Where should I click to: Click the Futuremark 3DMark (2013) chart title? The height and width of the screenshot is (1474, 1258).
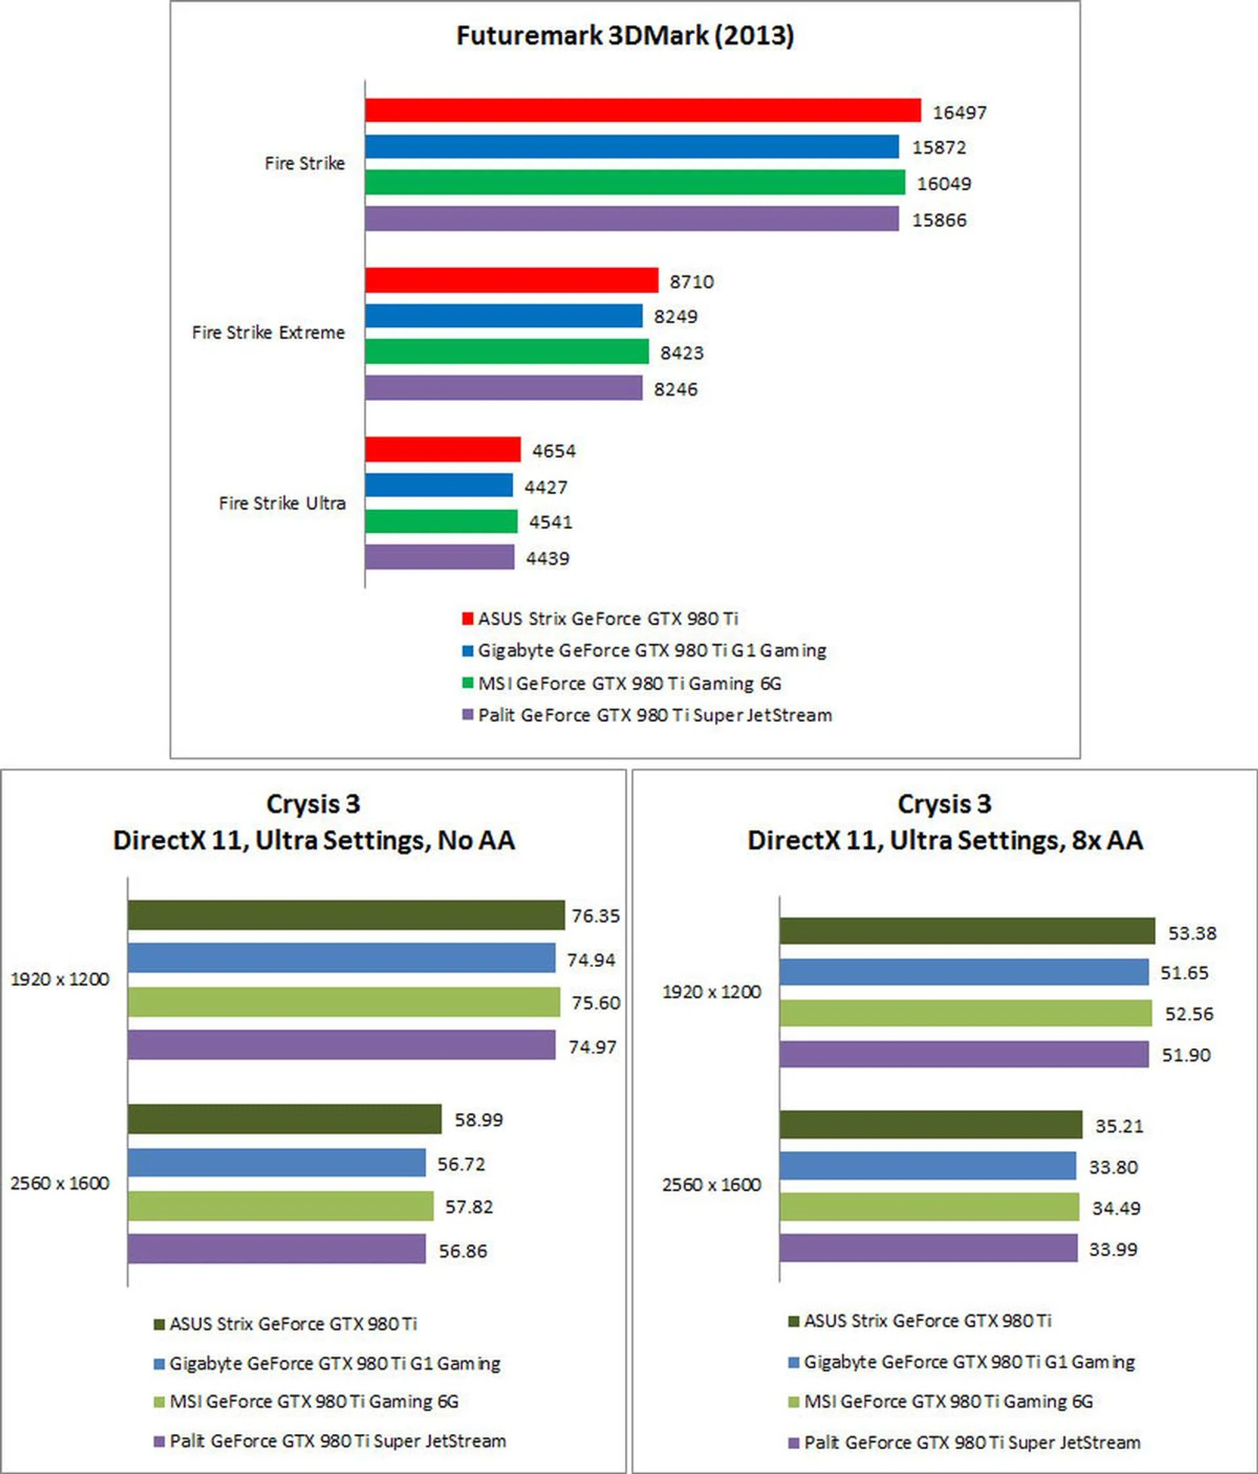(x=624, y=35)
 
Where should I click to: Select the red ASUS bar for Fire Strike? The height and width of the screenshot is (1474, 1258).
(x=643, y=110)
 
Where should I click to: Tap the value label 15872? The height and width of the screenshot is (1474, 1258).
(x=939, y=147)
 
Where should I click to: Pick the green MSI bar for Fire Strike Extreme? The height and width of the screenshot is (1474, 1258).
(x=506, y=351)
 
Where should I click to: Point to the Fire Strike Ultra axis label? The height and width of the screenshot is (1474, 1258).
(x=282, y=503)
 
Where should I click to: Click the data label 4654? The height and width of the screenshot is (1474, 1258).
(x=554, y=451)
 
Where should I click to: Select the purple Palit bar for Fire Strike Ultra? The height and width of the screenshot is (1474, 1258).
(x=440, y=557)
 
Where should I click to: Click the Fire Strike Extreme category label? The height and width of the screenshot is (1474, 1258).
(x=268, y=332)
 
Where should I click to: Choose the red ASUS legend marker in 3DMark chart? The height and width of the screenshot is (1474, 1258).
(x=467, y=618)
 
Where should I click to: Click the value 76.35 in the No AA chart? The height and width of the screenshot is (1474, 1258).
(x=596, y=916)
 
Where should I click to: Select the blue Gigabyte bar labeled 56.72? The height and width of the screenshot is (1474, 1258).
(x=276, y=1163)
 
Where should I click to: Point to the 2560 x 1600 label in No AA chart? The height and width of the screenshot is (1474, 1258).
(x=60, y=1183)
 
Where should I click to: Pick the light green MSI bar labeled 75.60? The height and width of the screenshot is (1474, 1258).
(x=344, y=1002)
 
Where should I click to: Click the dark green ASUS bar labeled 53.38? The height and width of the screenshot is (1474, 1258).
(x=966, y=931)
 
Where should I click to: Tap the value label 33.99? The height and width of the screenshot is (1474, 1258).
(x=1113, y=1249)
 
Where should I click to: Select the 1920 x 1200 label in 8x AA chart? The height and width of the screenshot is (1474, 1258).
(x=712, y=992)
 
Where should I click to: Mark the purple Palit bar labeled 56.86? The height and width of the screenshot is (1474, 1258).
(x=276, y=1249)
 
